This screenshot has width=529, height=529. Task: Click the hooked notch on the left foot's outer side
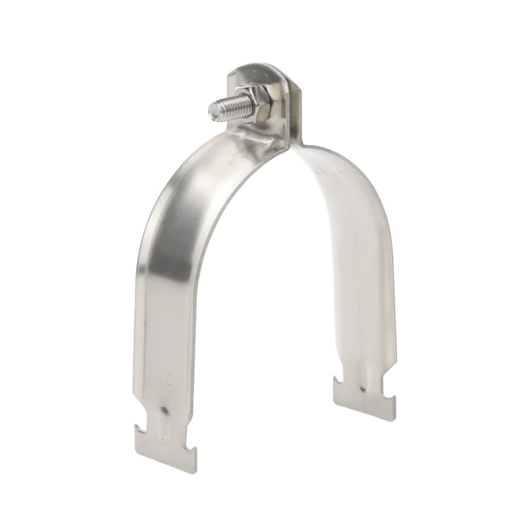[139, 423]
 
